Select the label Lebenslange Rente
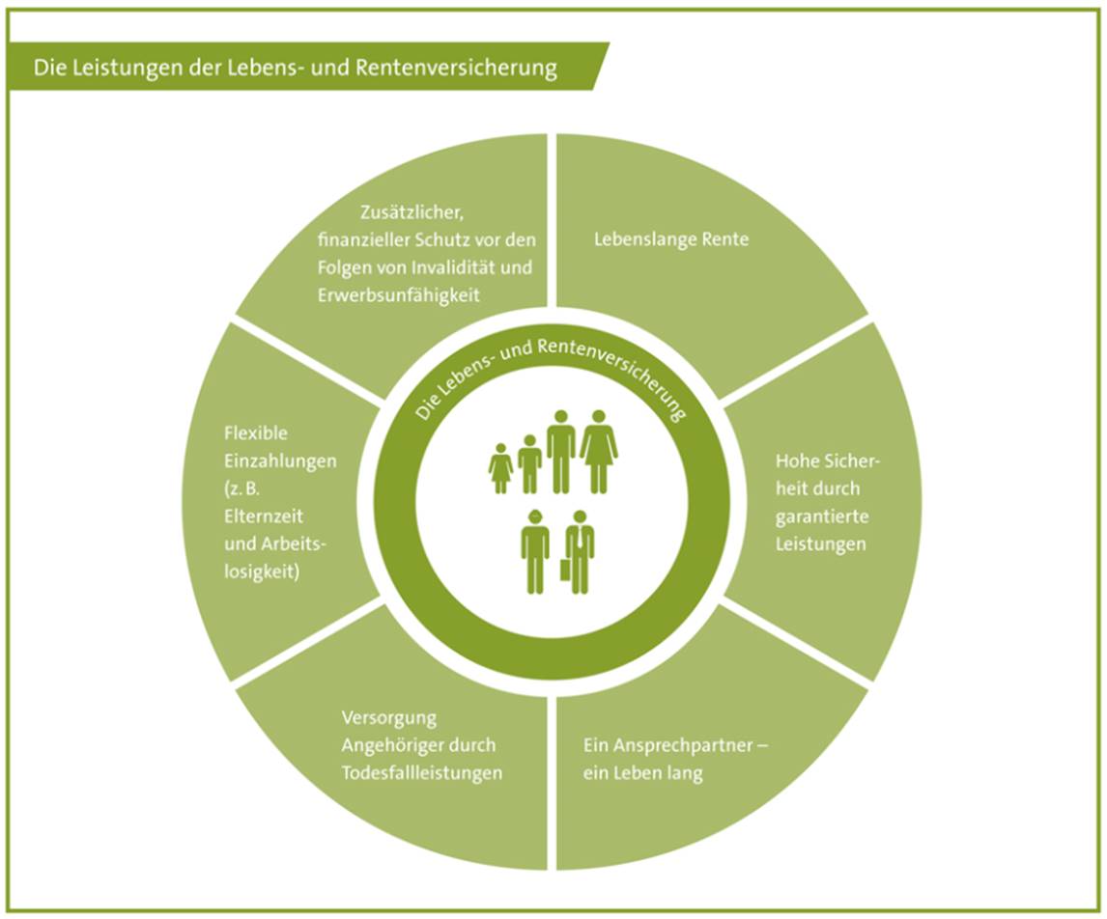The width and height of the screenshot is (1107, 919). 671,239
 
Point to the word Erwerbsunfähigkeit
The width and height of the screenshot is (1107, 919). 398,294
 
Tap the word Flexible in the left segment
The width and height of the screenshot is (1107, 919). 256,433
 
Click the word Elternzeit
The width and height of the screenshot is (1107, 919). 264,516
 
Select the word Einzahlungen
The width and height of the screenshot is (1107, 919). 280,461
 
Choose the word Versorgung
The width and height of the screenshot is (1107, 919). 389,718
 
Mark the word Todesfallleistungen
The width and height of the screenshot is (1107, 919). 422,773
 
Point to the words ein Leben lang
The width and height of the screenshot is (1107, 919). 642,773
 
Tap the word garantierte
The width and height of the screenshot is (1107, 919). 822,517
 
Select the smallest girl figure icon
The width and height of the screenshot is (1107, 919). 500,468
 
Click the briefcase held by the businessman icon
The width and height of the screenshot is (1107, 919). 565,570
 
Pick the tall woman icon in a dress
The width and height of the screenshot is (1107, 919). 599,452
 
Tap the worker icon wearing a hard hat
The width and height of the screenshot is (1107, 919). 535,551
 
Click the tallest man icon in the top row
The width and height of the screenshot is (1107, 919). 561,452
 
